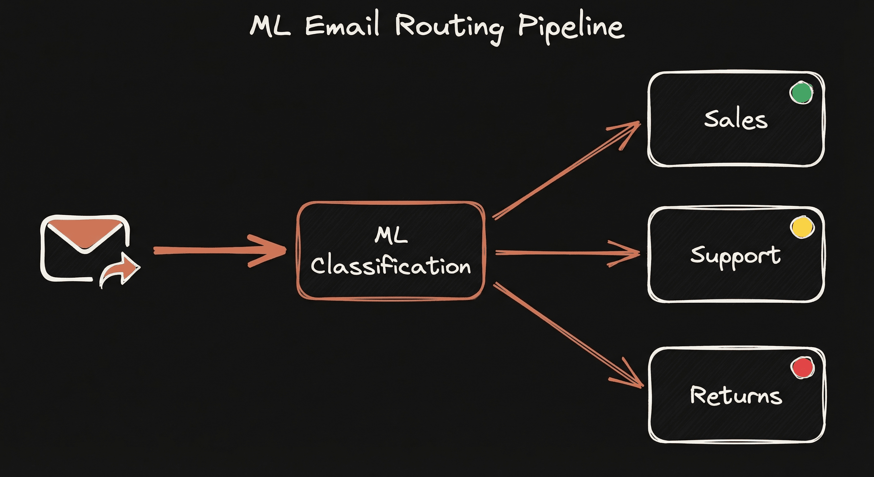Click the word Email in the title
[342, 25]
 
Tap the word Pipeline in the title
[571, 27]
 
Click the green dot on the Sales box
[801, 93]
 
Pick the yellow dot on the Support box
[802, 227]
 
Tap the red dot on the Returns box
[802, 368]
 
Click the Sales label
[736, 120]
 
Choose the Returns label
[736, 396]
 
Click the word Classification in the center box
[391, 266]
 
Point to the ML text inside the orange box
[391, 235]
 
